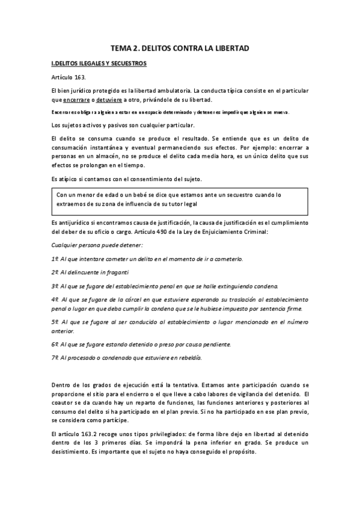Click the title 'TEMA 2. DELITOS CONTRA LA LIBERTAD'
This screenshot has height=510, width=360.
pos(180,47)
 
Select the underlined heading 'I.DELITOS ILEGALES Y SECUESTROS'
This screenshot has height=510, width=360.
pos(99,63)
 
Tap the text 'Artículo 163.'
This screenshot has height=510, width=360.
pos(69,78)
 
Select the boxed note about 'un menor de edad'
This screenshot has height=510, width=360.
pos(180,200)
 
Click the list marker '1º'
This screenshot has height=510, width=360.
pos(56,259)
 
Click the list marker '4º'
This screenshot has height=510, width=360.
pos(56,299)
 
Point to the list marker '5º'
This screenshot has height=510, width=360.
pos(56,322)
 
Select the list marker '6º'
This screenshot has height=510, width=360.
pos(56,344)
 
